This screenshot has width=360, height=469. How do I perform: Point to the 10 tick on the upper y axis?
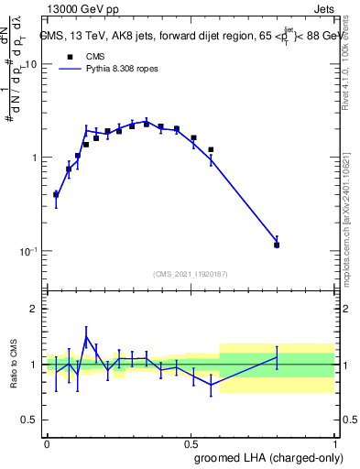coord(28,65)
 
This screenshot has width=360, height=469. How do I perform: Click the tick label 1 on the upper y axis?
coord(32,158)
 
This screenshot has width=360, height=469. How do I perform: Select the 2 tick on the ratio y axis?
coord(32,310)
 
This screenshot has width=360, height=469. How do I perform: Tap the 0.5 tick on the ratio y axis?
coord(27,420)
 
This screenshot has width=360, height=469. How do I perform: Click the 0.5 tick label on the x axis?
coord(191,442)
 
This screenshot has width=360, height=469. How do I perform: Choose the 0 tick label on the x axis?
coord(47,442)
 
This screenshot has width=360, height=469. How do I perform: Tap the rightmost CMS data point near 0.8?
coord(277,245)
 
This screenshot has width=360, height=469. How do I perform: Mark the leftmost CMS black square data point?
coord(56,194)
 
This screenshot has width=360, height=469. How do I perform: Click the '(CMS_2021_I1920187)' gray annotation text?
coord(191,273)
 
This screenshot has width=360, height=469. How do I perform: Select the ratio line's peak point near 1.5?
coord(86,337)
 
